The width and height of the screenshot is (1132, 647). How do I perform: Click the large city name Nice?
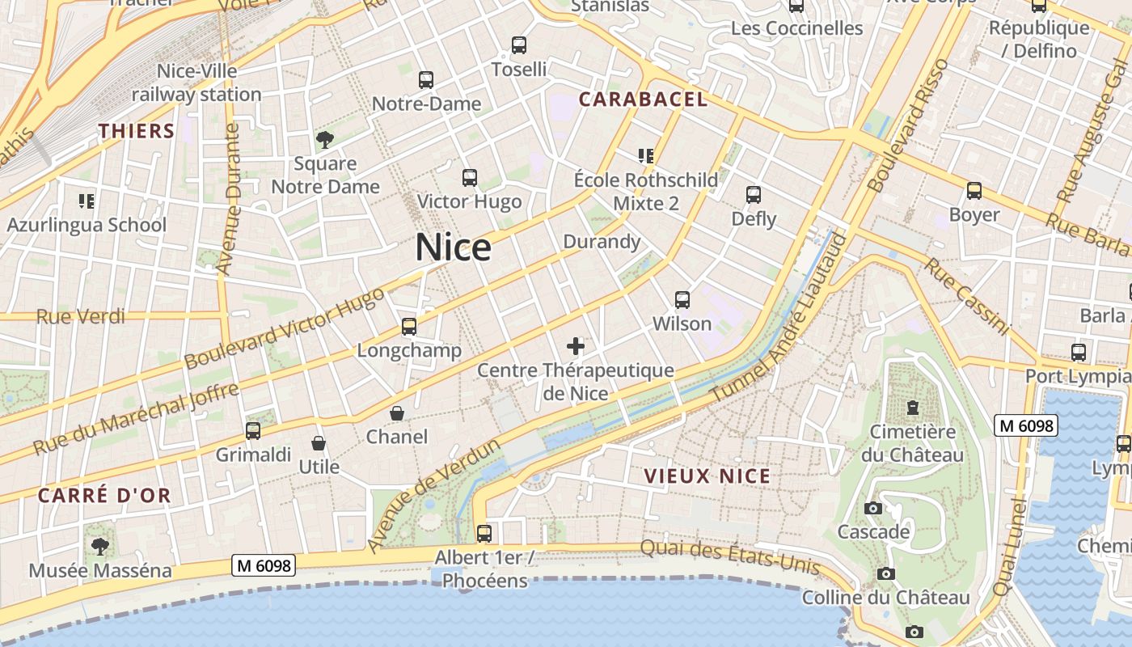click(453, 247)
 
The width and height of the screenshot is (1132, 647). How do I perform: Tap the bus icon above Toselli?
click(519, 45)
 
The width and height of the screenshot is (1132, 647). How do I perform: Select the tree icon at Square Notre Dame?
click(325, 140)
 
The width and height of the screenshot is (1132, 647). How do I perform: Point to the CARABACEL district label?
click(643, 99)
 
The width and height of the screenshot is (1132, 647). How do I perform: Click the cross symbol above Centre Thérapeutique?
click(576, 347)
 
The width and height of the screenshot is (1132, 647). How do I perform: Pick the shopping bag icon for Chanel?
click(397, 413)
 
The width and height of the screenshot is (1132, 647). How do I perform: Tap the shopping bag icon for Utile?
click(319, 443)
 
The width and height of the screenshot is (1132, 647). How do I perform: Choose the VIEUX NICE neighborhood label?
click(707, 476)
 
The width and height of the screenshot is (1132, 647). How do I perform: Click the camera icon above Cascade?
click(873, 509)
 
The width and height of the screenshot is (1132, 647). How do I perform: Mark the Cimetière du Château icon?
click(913, 407)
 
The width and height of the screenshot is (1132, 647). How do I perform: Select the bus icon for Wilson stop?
click(682, 300)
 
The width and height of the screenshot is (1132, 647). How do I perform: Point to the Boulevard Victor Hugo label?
click(285, 328)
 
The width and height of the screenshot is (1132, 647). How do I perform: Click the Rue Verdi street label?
click(81, 316)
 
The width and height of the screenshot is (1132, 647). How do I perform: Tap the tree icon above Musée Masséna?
click(100, 547)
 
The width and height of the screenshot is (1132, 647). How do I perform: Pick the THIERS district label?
click(137, 131)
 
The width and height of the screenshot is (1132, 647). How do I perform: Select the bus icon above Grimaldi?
click(253, 431)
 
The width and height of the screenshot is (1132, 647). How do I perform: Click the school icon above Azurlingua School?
click(87, 201)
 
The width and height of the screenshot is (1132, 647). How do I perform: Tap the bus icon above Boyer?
click(974, 191)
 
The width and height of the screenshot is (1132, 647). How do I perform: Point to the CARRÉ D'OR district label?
click(104, 496)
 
